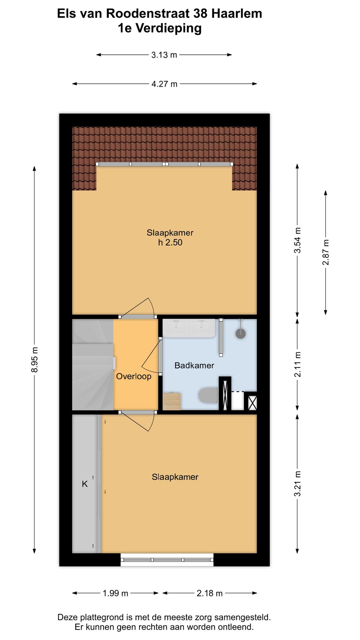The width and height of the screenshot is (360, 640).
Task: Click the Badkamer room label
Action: (x=194, y=365)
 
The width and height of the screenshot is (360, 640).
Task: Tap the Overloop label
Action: (x=134, y=376)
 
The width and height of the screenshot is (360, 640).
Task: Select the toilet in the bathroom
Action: (x=208, y=395)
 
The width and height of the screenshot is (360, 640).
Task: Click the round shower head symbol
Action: (x=241, y=334)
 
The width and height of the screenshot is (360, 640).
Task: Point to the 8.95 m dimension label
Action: (x=34, y=360)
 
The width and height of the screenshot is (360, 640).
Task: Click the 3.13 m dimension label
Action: (x=164, y=55)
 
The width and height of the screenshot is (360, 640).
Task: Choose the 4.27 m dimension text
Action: (x=164, y=84)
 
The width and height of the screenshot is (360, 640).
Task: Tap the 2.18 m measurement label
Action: (x=210, y=593)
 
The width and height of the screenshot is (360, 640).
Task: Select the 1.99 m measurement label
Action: (x=115, y=593)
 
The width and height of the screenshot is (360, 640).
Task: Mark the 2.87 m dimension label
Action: (x=326, y=252)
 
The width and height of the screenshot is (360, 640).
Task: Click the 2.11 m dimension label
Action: (x=297, y=364)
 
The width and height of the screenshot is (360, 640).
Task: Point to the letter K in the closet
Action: (x=85, y=484)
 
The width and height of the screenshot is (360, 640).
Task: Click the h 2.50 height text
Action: (x=170, y=242)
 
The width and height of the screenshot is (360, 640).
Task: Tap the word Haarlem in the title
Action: (x=237, y=14)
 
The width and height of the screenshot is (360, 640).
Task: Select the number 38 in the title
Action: (x=200, y=14)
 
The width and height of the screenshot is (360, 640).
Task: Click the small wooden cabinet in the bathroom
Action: (x=172, y=401)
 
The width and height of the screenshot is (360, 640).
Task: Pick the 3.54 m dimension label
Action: (x=297, y=240)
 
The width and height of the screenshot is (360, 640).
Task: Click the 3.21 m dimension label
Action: (x=297, y=484)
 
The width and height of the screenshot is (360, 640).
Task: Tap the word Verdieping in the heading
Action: (x=169, y=29)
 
